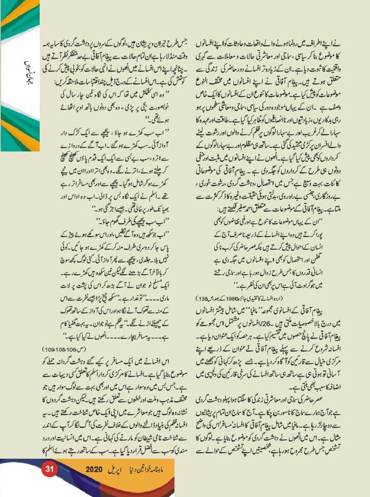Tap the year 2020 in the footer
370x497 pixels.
[x=95, y=468]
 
